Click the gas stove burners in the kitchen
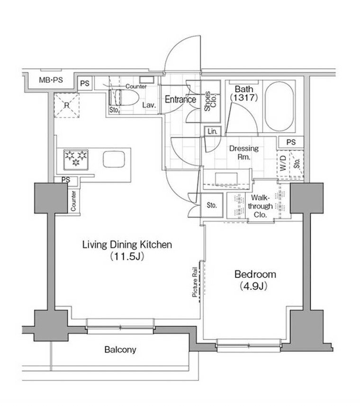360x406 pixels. click(x=76, y=159)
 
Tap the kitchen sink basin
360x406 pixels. click(x=114, y=159)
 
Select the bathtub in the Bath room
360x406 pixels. click(x=279, y=106)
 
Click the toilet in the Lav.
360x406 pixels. click(x=123, y=97)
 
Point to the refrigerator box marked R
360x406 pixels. click(x=67, y=106)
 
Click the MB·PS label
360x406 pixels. click(x=51, y=80)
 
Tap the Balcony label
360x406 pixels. click(x=120, y=350)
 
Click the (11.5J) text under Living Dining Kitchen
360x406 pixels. click(x=127, y=256)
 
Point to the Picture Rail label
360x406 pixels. click(x=195, y=282)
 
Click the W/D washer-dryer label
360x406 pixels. click(x=283, y=163)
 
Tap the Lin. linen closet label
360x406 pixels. click(x=212, y=131)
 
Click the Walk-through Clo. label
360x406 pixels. click(x=260, y=206)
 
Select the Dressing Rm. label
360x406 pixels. click(x=244, y=152)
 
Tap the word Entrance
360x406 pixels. click(x=180, y=99)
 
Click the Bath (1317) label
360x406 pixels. click(x=244, y=93)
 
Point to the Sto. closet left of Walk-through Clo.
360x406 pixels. click(x=212, y=205)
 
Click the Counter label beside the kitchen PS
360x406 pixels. click(x=73, y=201)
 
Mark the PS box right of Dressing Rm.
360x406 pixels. click(x=291, y=142)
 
